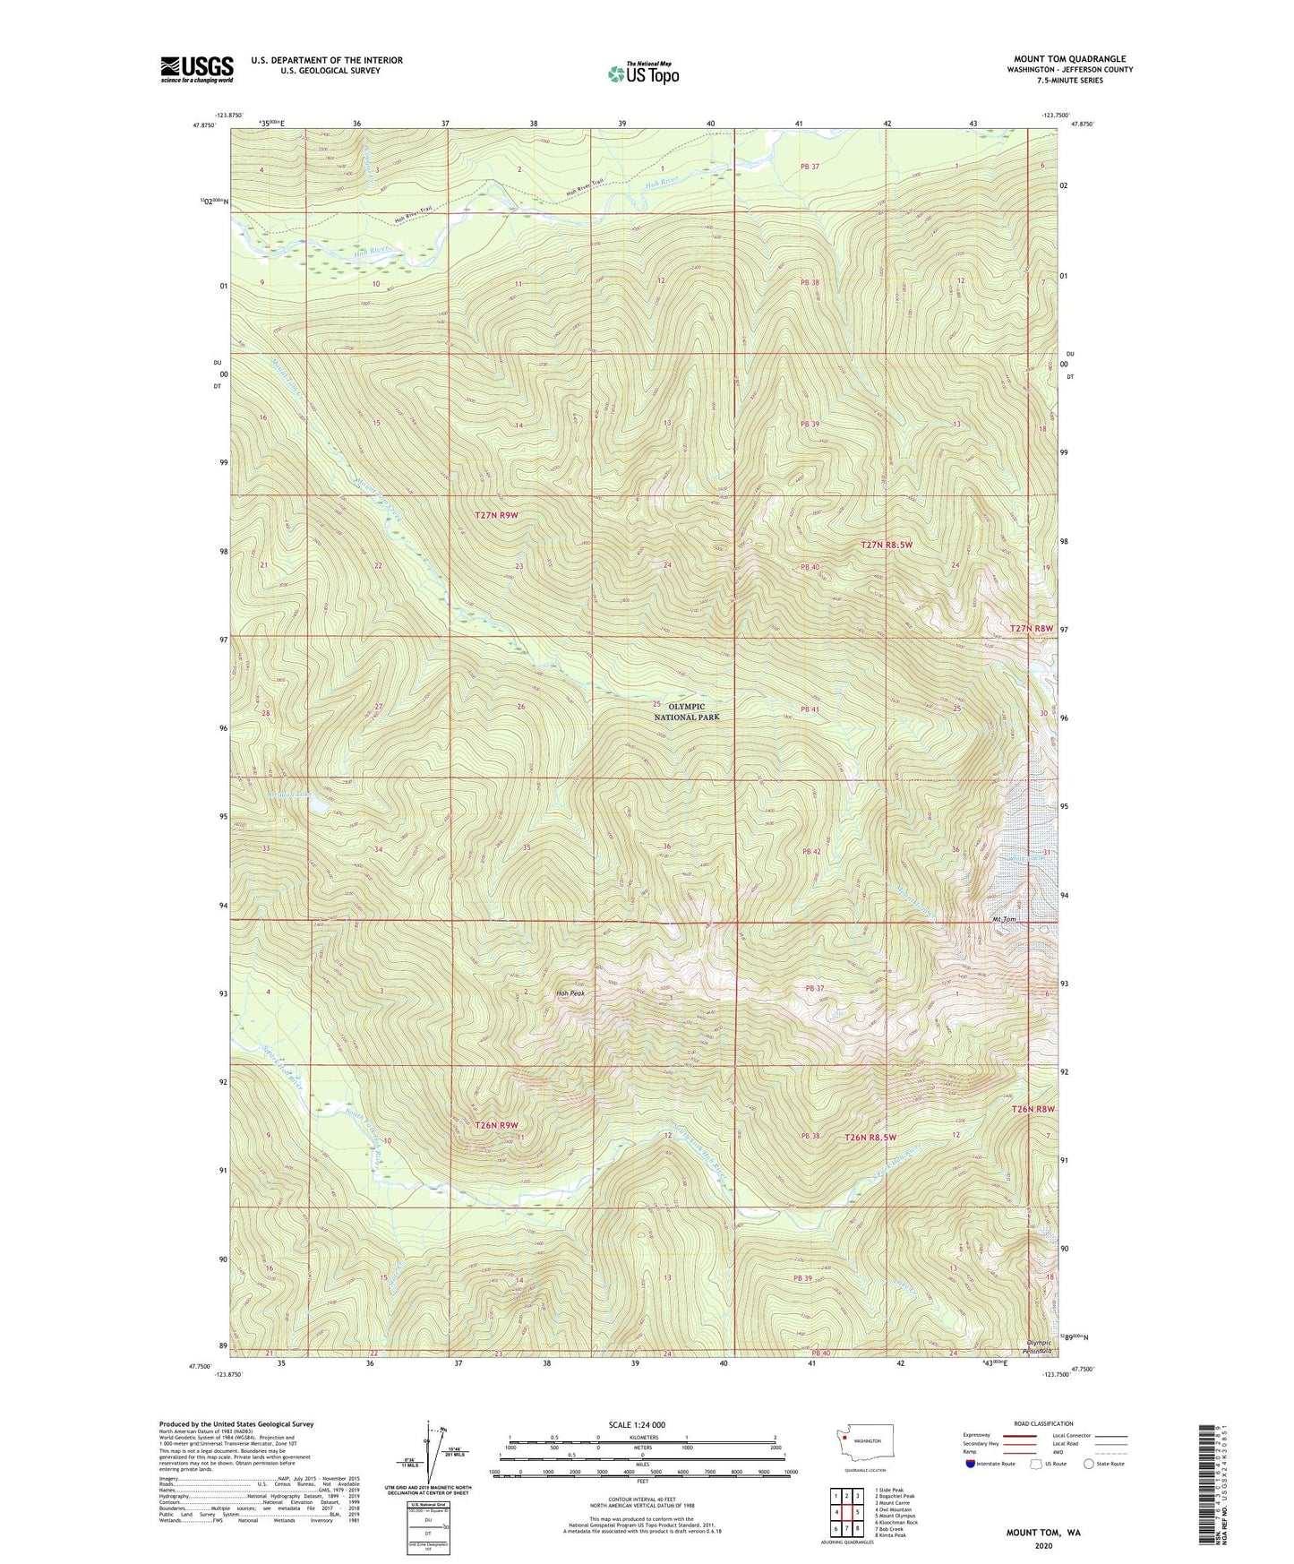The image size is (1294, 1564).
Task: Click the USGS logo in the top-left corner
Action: click(x=197, y=69)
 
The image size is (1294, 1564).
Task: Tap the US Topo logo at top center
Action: click(x=643, y=73)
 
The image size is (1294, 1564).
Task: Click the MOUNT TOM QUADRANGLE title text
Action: click(x=1069, y=58)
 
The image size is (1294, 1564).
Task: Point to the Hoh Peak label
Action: click(x=570, y=993)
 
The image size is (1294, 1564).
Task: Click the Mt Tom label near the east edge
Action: click(x=1004, y=919)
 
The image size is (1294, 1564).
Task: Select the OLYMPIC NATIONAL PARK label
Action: click(x=686, y=712)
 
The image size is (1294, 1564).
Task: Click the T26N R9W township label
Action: click(x=496, y=1125)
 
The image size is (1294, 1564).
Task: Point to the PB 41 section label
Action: click(x=810, y=709)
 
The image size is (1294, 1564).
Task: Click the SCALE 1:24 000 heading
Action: click(x=637, y=1424)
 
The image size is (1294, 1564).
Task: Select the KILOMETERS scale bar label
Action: click(x=642, y=1437)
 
